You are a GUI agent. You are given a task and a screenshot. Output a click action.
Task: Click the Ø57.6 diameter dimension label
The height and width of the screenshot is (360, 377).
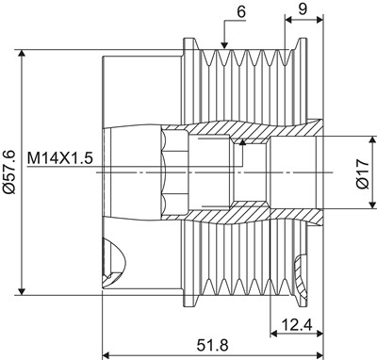pos(8,172)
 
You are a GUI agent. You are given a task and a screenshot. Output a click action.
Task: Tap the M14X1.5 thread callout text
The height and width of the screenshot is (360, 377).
pos(59,158)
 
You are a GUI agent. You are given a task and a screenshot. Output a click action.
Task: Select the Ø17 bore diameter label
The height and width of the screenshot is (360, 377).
pos(363,173)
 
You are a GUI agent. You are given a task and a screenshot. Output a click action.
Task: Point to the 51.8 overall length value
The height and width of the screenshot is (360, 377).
pos(213,346)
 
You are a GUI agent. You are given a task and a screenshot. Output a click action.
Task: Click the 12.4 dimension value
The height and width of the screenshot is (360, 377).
pos(297,325)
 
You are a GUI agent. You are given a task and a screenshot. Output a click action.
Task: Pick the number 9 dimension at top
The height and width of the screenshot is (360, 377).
pos(303,9)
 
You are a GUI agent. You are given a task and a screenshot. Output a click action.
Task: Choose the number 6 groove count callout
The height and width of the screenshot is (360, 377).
pos(241,12)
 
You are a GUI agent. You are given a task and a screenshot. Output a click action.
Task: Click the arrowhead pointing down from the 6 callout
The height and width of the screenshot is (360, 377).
pos(224,46)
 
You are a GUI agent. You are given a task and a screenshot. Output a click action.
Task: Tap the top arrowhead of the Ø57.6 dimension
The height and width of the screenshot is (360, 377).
pos(22,54)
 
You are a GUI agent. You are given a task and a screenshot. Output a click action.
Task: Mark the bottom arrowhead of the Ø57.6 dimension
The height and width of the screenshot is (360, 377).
pos(22,291)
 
